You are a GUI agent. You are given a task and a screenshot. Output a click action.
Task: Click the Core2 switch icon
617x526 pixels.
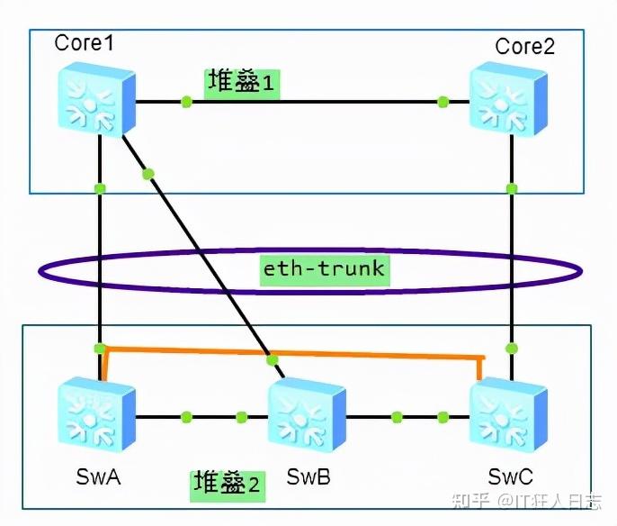coord(509,99)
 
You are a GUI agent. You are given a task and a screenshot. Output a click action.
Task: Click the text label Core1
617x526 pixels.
coord(85,42)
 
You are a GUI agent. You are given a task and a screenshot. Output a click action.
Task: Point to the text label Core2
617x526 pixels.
coord(525,47)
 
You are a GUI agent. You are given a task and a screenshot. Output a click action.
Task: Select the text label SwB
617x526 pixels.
coord(308,476)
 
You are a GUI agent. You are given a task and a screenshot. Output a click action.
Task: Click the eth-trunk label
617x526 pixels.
coord(324,268)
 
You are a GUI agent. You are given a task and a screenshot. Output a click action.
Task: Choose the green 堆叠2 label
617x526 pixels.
coord(228,485)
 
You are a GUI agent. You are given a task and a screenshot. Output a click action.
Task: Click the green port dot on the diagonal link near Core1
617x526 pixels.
coord(149,173)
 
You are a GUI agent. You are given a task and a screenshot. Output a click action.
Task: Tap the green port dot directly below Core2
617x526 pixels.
coord(511,188)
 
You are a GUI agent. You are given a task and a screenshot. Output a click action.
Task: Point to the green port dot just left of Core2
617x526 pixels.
coord(443,101)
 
